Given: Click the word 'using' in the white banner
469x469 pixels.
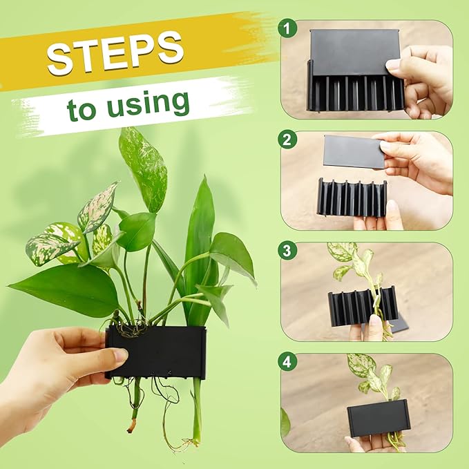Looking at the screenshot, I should pyautogui.click(x=149, y=103).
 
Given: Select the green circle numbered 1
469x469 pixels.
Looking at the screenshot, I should pyautogui.click(x=287, y=29).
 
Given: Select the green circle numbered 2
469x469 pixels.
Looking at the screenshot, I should pyautogui.click(x=287, y=140).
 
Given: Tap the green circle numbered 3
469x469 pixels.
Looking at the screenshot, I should pyautogui.click(x=287, y=250).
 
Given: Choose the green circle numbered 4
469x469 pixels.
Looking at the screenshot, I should pyautogui.click(x=287, y=361).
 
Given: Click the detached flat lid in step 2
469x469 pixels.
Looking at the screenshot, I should pyautogui.click(x=354, y=151).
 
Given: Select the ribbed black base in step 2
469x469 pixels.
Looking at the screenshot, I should pyautogui.click(x=351, y=198).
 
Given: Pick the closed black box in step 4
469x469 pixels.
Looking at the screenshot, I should pyautogui.click(x=378, y=417).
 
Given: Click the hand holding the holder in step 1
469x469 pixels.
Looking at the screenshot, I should pyautogui.click(x=423, y=79).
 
